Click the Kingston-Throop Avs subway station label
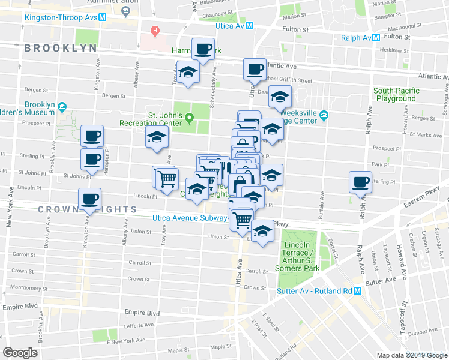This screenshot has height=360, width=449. click(60, 17)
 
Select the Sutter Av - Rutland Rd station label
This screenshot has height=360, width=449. click(313, 292)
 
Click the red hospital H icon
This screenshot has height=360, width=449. click(155, 30)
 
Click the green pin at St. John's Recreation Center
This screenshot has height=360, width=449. click(190, 117)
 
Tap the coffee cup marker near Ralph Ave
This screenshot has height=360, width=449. click(361, 182)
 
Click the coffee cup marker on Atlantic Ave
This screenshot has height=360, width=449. click(254, 69)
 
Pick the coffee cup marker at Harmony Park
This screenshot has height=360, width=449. click(203, 50)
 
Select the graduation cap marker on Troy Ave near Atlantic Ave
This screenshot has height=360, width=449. click(188, 73)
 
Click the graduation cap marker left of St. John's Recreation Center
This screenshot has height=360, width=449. click(157, 137)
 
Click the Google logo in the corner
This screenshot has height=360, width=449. click(20, 353)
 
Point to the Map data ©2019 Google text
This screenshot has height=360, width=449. click(411, 355)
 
